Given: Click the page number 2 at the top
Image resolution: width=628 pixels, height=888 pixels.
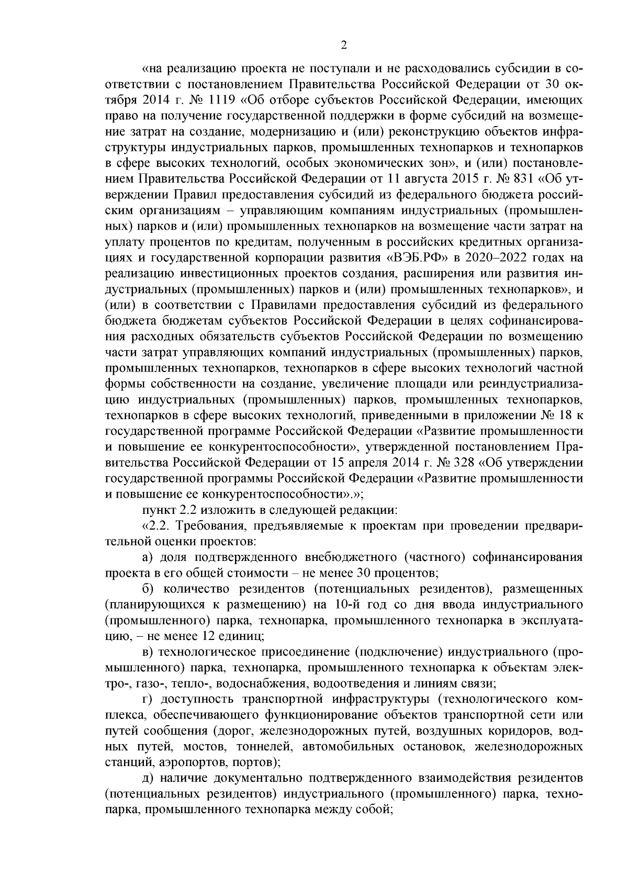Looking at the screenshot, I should click(x=344, y=46).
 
